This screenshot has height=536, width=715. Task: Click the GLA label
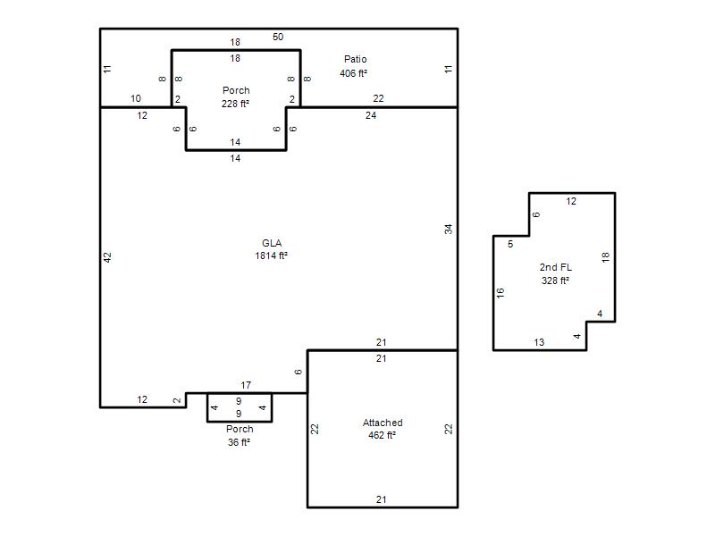(272, 243)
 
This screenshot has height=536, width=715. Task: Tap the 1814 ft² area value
(272, 255)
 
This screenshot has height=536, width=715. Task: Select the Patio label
(355, 59)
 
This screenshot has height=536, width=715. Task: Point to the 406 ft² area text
(353, 73)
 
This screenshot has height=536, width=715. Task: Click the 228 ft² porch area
(235, 104)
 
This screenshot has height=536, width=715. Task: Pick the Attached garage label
(383, 423)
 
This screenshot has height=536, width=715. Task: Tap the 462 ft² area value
(383, 435)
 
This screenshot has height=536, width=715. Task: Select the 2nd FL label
(555, 267)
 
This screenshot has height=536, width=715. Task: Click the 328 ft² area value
(555, 281)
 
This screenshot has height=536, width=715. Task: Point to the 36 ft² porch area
(239, 442)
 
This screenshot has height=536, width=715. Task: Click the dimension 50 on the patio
(278, 37)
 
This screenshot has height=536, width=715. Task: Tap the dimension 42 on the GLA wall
(107, 257)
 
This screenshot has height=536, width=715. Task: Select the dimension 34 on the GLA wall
(449, 230)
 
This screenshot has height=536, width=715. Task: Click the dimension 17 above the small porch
(246, 385)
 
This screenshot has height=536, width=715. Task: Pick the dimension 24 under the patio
(371, 116)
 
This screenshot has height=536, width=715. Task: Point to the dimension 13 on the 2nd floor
(539, 342)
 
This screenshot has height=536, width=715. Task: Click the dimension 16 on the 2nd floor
(500, 293)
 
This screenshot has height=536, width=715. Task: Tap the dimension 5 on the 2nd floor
(510, 244)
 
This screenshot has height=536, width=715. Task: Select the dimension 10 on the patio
(136, 98)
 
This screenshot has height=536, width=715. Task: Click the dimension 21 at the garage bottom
(382, 499)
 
